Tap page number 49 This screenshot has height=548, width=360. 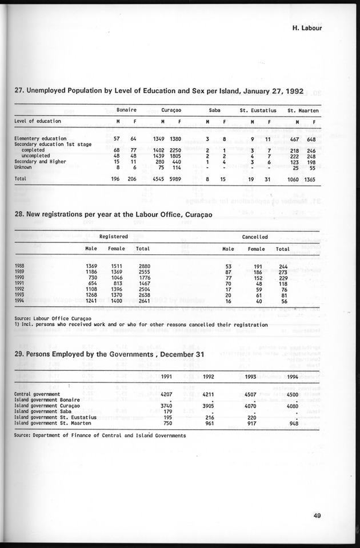[317, 515]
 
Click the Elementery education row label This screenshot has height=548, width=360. [39, 138]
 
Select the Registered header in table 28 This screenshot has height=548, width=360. [113, 235]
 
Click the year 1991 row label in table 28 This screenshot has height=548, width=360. [20, 283]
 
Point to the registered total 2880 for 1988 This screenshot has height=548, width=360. [143, 266]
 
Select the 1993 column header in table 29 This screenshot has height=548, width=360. [250, 376]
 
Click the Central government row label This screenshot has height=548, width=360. [36, 394]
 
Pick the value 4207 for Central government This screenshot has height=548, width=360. [165, 394]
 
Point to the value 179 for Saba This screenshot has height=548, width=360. [168, 411]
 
